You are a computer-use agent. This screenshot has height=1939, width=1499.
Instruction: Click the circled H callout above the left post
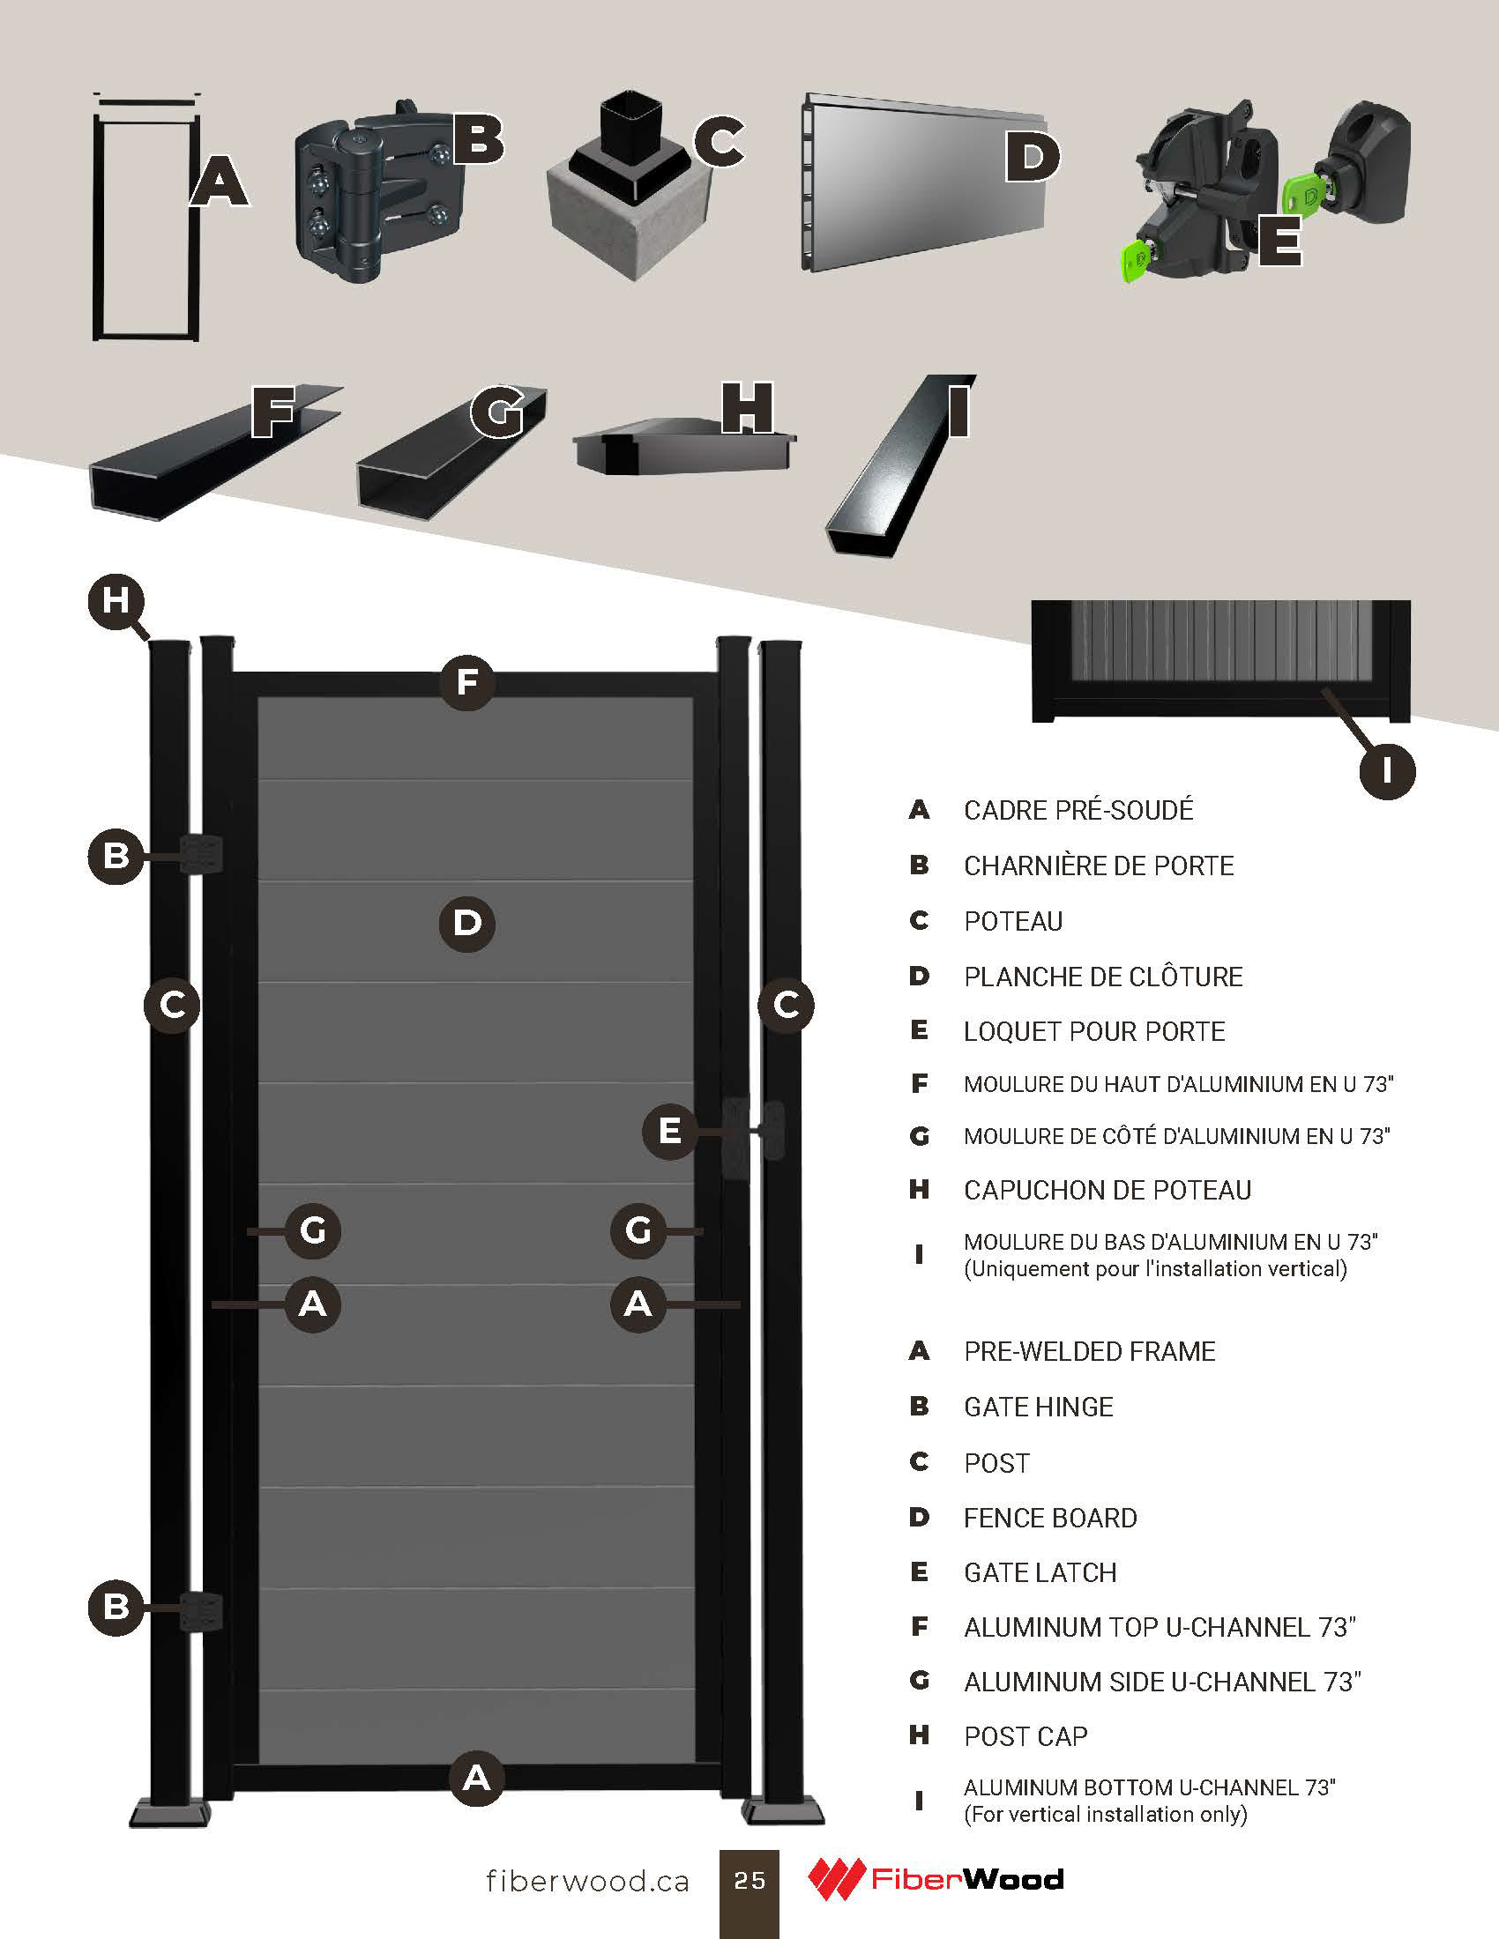[x=116, y=601]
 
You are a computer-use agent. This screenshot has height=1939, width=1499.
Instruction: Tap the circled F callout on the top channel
[x=467, y=682]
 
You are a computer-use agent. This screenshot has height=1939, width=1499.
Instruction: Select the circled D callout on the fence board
[x=467, y=924]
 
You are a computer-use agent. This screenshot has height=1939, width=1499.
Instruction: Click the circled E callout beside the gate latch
[x=669, y=1131]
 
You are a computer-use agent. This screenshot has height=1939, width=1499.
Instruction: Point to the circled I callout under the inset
[x=1387, y=770]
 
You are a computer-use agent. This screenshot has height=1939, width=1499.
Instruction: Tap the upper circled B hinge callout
[x=116, y=856]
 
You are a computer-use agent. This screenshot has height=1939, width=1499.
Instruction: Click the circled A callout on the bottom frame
[x=477, y=1778]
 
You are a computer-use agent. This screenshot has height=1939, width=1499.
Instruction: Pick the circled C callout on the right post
[x=786, y=1005]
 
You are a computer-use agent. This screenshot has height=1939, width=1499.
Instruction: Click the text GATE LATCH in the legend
[x=1040, y=1572]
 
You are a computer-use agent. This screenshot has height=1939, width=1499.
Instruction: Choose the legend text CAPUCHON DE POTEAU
[x=1107, y=1190]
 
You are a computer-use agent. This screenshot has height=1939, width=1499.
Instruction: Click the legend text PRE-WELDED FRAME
[x=1090, y=1351]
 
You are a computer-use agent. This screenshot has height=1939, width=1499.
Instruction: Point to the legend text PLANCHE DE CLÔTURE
[x=1103, y=977]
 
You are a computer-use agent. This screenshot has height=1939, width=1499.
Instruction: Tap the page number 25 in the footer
[x=749, y=1881]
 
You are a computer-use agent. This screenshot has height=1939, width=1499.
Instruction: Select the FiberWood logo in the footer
[x=935, y=1879]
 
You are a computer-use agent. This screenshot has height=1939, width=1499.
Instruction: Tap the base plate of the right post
[x=783, y=1811]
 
